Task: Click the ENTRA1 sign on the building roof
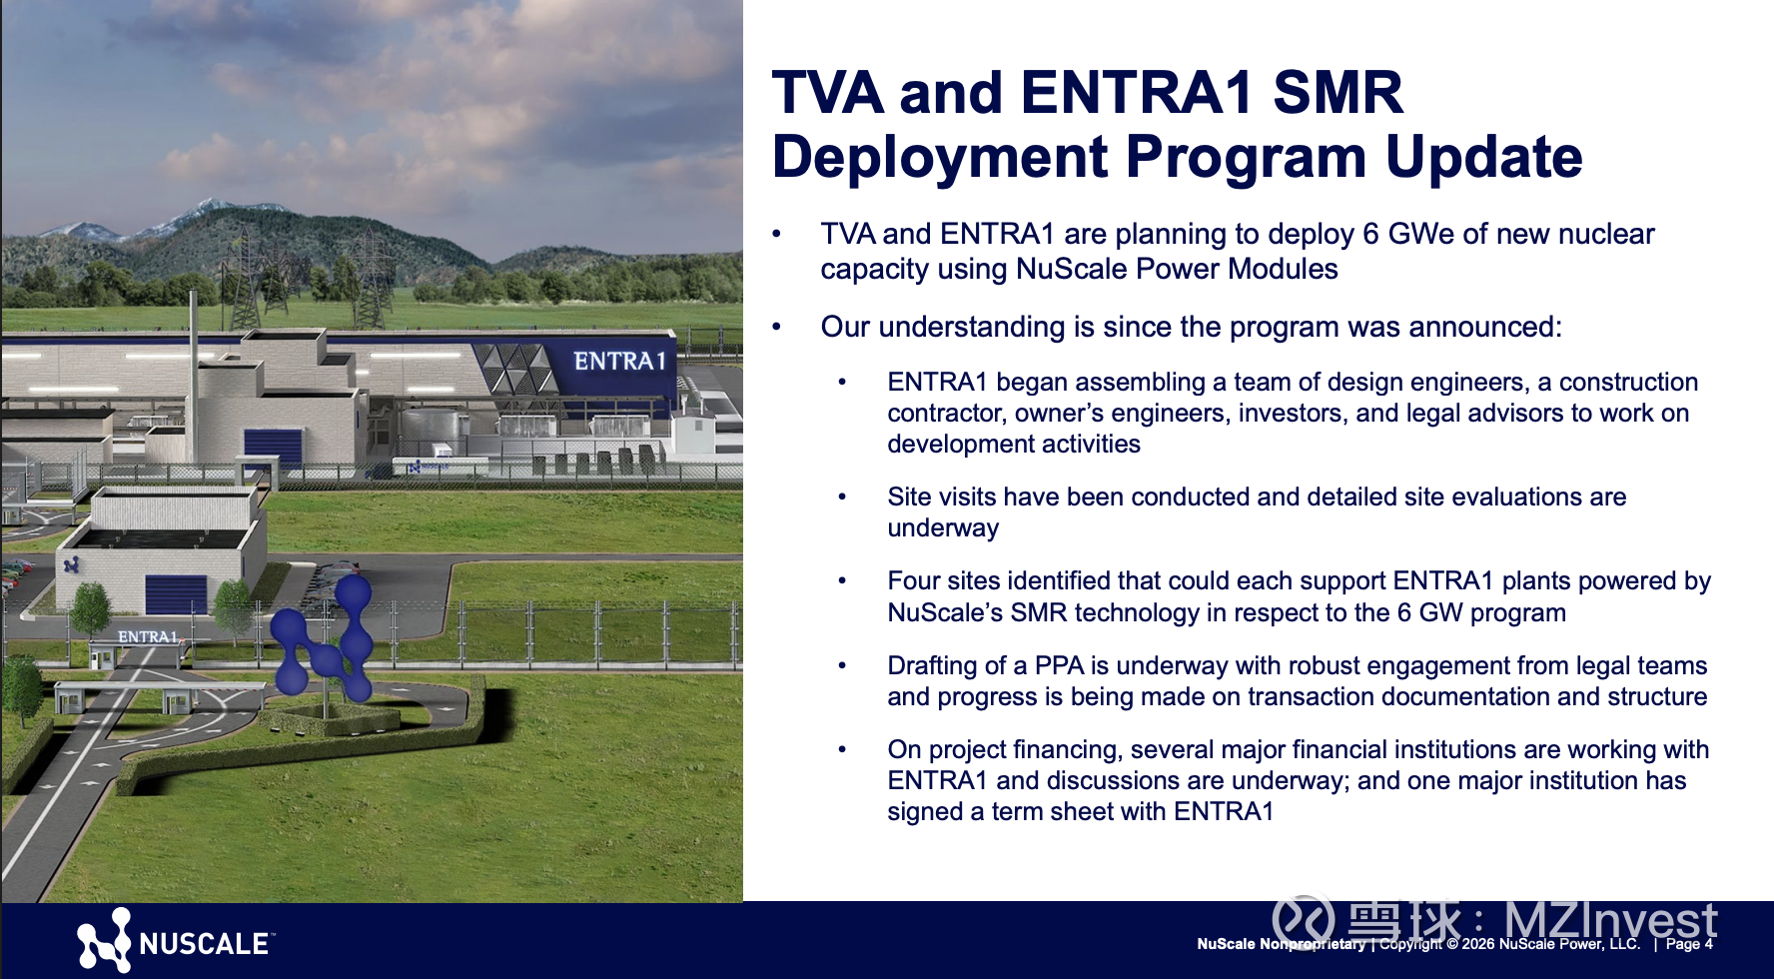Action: tap(619, 361)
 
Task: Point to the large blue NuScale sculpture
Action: tap(324, 636)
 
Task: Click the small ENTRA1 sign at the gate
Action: tap(147, 636)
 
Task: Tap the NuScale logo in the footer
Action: tap(174, 940)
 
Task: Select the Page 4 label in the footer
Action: tap(1689, 944)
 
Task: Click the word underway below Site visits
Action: tap(943, 527)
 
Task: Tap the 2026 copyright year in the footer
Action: tap(1478, 944)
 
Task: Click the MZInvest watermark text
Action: tap(1610, 920)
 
